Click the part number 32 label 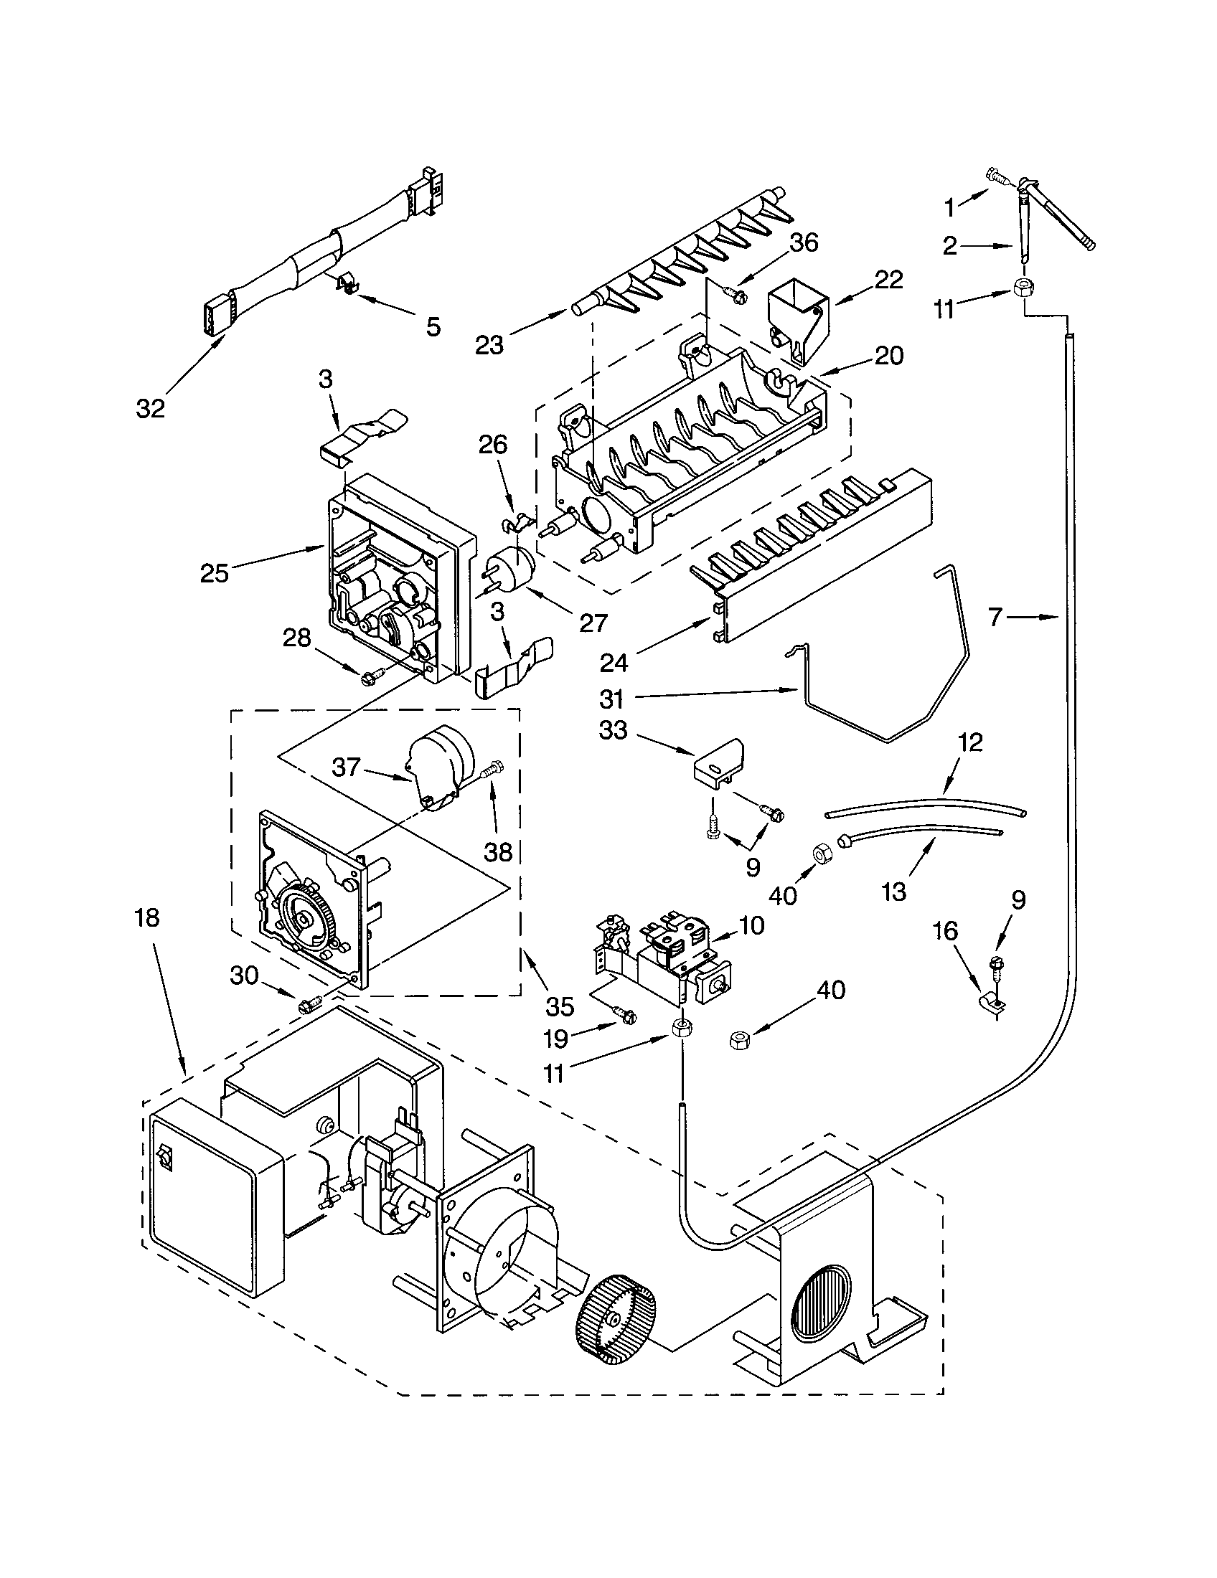click(x=150, y=408)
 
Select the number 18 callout click(x=146, y=918)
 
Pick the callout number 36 click(x=803, y=243)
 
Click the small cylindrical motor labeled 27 click(x=510, y=570)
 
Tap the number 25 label click(x=215, y=574)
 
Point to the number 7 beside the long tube click(x=997, y=618)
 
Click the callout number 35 click(x=560, y=1006)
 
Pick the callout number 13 click(x=894, y=892)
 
